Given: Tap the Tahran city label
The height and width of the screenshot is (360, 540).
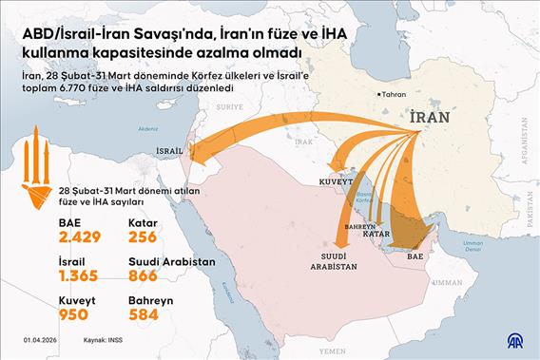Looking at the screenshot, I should pyautogui.click(x=395, y=94).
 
